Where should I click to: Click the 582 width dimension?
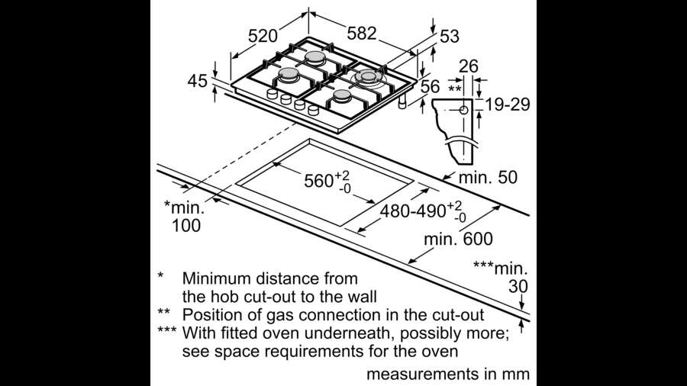coord(363,34)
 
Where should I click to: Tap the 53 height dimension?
coord(450,35)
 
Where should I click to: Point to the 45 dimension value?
coord(198,80)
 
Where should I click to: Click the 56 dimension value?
coord(431,87)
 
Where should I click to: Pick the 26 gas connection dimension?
coord(468,67)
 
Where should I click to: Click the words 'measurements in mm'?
coord(448,375)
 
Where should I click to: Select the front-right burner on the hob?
coord(342,96)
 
